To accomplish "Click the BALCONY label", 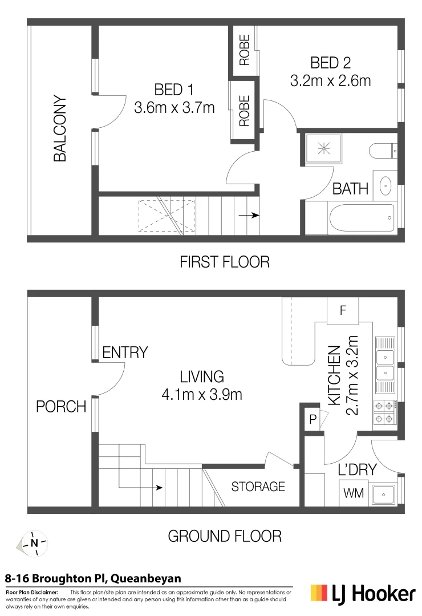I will [x=60, y=129].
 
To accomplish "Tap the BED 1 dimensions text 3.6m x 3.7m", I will [x=174, y=107].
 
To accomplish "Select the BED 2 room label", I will [x=330, y=62].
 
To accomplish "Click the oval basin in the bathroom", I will [x=386, y=185].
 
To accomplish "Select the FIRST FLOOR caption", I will [x=224, y=262].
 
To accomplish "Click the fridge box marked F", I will [x=343, y=311].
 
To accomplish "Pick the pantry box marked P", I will [x=313, y=419].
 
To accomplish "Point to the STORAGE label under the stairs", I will [x=258, y=487].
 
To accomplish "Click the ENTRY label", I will [x=125, y=352].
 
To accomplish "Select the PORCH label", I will [x=61, y=407].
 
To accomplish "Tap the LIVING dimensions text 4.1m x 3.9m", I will [x=202, y=394].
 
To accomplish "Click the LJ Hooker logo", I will [x=363, y=594].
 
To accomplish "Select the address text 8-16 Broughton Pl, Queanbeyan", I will [x=93, y=578].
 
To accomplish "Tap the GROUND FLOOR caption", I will [x=224, y=536].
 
